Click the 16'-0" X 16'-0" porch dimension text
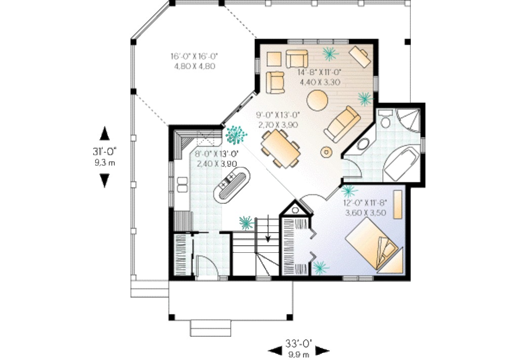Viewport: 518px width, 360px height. pos(194,56)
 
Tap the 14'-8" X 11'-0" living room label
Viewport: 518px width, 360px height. pos(320,72)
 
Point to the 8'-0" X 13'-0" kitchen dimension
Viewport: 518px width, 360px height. pos(217,154)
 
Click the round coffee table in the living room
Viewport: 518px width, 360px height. pos(317,100)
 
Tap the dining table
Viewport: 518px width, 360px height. pos(280,148)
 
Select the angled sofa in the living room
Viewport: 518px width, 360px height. pos(342,124)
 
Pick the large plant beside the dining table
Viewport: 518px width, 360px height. pos(236,134)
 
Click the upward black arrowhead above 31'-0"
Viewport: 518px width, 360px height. pos(105,134)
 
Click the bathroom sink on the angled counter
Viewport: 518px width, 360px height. pos(363,144)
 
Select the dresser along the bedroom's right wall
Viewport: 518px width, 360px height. pos(398,204)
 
